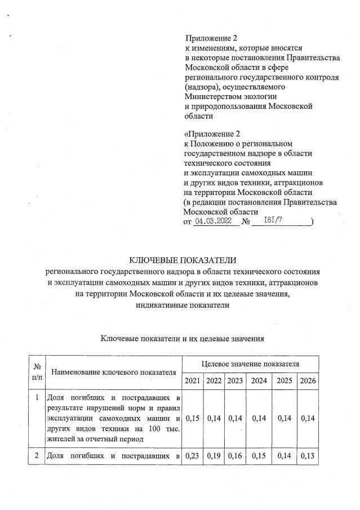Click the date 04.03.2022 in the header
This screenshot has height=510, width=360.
pyautogui.click(x=213, y=222)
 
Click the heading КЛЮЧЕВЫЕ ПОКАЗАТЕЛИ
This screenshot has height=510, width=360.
pyautogui.click(x=180, y=260)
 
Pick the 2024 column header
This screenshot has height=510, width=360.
pyautogui.click(x=258, y=381)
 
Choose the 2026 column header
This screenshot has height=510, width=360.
pyautogui.click(x=308, y=381)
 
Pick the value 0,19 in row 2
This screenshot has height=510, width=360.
pyautogui.click(x=214, y=457)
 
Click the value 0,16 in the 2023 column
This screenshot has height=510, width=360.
pyautogui.click(x=234, y=457)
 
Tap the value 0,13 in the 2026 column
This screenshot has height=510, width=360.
pyautogui.click(x=308, y=457)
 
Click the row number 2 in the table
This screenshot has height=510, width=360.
pyautogui.click(x=38, y=457)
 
